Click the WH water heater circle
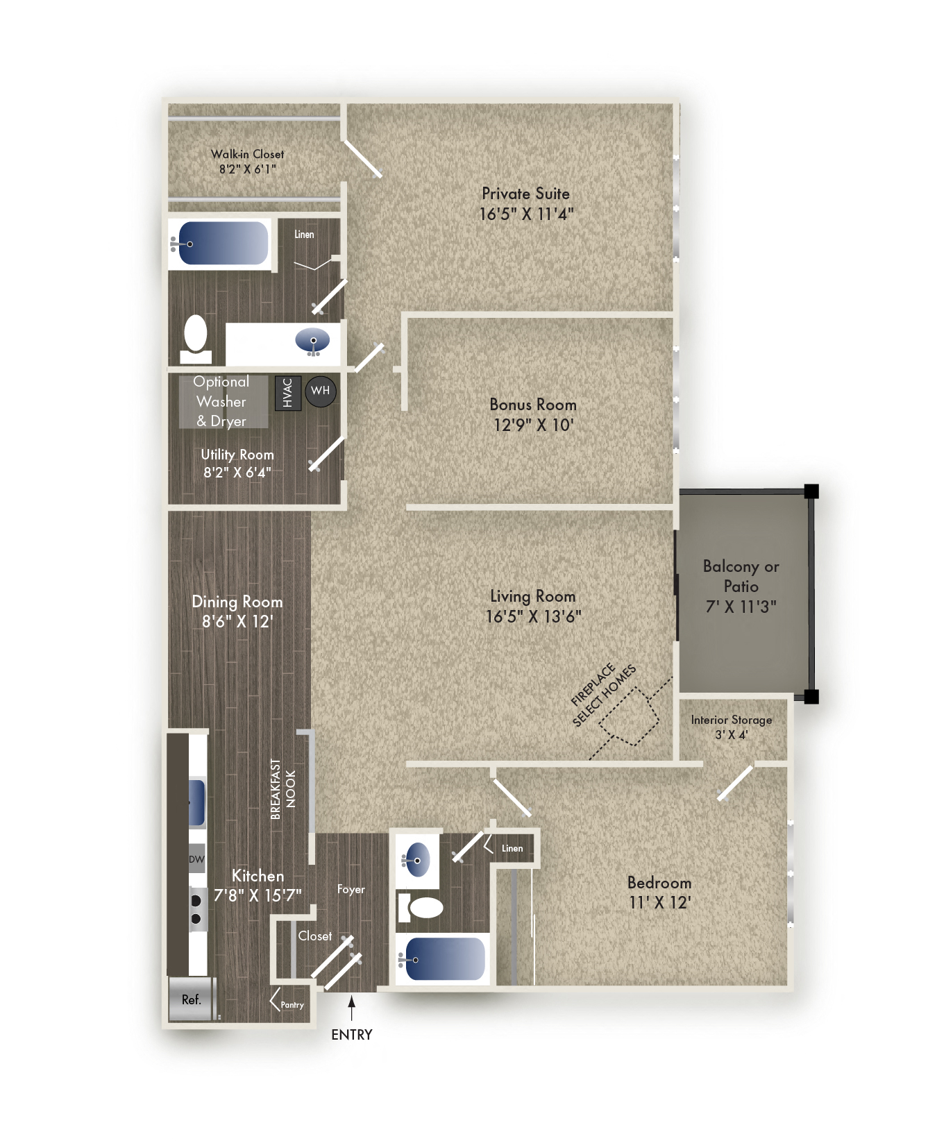(320, 391)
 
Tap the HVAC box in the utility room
(288, 393)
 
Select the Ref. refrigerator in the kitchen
(191, 999)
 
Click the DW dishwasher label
(197, 859)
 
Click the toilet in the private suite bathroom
(196, 339)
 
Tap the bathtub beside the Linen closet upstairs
(222, 243)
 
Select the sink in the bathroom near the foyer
(416, 860)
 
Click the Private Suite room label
(525, 194)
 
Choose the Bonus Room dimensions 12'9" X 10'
(533, 425)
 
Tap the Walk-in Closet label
(247, 154)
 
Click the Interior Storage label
(732, 720)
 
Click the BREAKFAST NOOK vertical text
(283, 789)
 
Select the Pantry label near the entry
(292, 1005)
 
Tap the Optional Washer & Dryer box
(222, 401)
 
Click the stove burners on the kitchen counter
(196, 909)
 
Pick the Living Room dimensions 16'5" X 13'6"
(533, 616)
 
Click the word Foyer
(351, 889)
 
